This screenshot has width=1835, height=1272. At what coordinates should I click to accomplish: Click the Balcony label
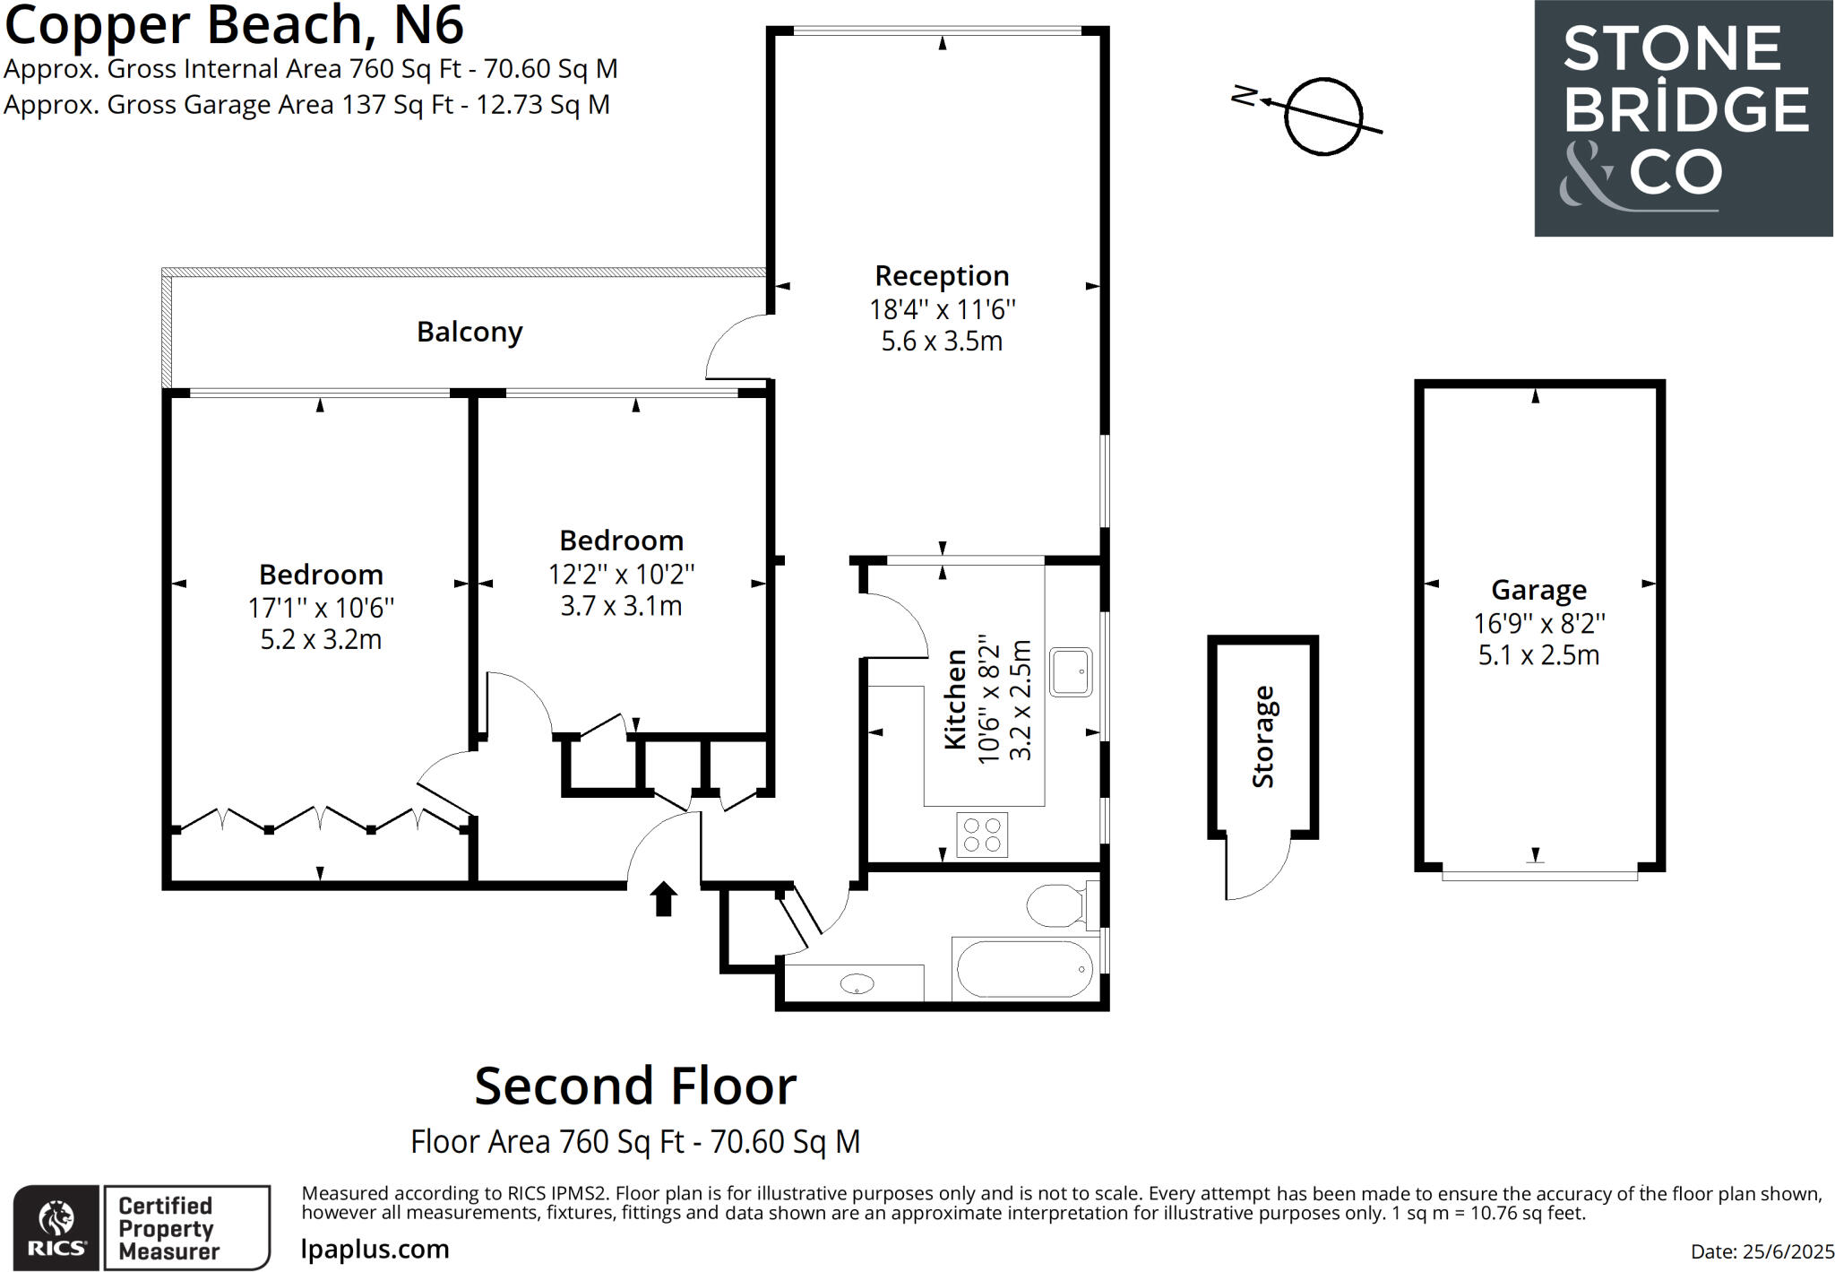point(470,333)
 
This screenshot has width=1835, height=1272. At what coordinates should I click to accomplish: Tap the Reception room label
point(942,275)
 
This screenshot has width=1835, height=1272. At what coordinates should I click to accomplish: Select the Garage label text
point(1538,590)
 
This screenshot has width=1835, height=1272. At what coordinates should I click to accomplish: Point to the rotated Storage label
point(1262,737)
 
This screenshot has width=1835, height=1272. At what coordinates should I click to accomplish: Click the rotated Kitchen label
point(956,699)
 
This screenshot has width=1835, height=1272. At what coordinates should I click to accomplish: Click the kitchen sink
point(1071,671)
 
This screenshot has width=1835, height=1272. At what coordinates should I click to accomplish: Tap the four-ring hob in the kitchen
point(982,835)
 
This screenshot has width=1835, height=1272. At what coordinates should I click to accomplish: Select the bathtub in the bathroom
point(1024,969)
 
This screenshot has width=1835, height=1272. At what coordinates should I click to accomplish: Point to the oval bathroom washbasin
point(857,984)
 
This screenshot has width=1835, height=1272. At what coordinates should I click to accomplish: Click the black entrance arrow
point(663,898)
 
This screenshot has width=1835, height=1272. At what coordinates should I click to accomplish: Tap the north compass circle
point(1323,117)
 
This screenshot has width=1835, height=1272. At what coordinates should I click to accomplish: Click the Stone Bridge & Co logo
point(1684,118)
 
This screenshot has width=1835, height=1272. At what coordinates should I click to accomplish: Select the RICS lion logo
point(56,1225)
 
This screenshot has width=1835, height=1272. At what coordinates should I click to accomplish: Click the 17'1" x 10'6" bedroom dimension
point(321,608)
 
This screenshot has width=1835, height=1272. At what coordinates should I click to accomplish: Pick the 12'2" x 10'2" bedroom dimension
point(621,574)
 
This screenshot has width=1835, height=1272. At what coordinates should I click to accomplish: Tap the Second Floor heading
point(635,1086)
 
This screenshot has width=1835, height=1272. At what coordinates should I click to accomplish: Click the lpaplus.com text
point(375,1249)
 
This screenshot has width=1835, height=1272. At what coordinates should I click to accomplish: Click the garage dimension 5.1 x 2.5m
point(1538,655)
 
